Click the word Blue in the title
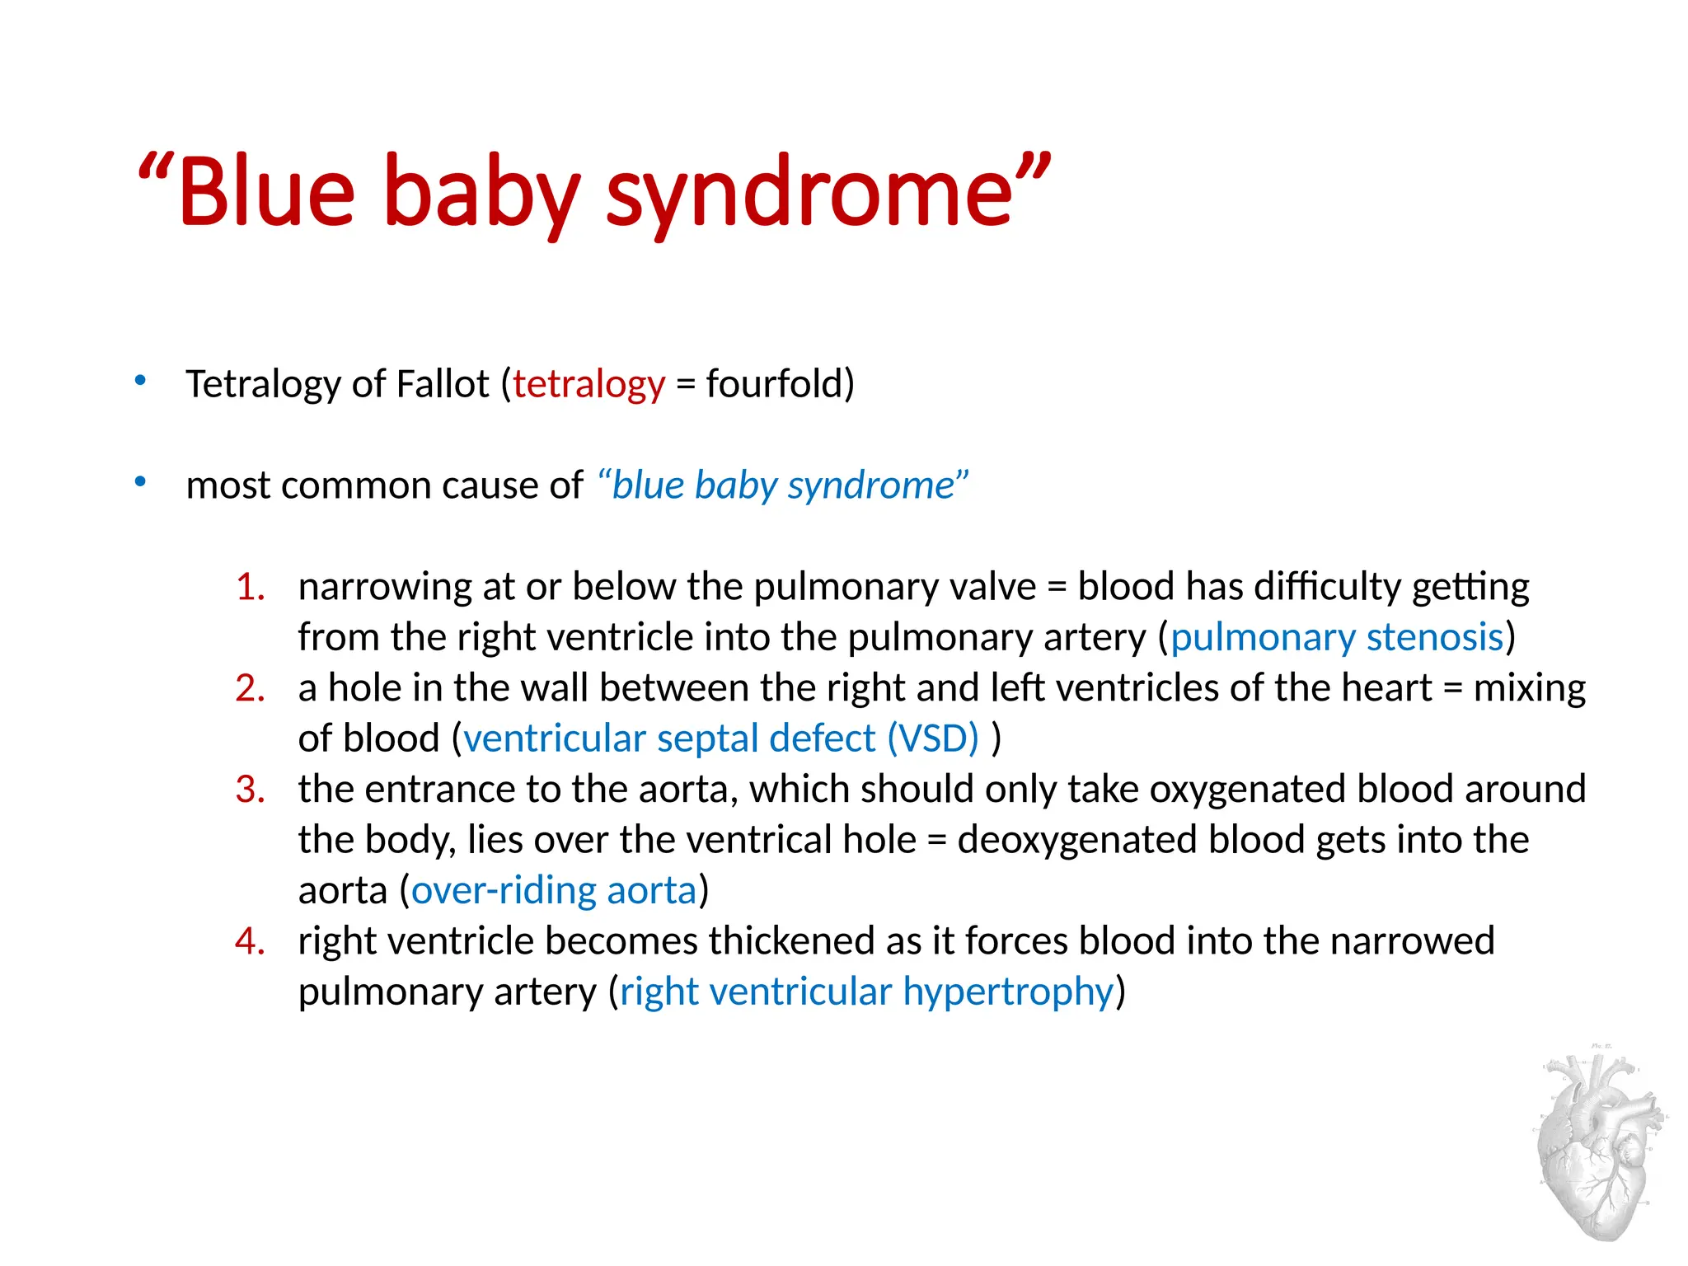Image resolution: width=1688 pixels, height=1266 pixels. pyautogui.click(x=265, y=191)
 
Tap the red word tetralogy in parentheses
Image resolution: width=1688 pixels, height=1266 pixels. pyautogui.click(x=588, y=385)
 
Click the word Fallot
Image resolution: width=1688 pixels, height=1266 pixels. pyautogui.click(x=443, y=384)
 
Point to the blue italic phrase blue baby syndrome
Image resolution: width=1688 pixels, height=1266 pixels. pyautogui.click(x=783, y=485)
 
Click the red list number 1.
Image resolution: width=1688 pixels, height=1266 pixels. pyautogui.click(x=250, y=588)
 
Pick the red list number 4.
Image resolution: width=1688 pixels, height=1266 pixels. pyautogui.click(x=250, y=941)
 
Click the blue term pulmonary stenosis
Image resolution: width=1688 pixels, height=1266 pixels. pyautogui.click(x=1337, y=638)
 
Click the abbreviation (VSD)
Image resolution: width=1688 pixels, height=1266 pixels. pyautogui.click(x=933, y=738)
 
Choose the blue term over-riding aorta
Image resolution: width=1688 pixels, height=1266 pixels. pyautogui.click(x=554, y=891)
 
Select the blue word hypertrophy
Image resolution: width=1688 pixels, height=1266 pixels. pyautogui.click(x=1008, y=992)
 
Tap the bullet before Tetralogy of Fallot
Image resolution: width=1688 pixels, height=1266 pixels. pyautogui.click(x=141, y=381)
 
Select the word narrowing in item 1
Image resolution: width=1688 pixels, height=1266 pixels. pyautogui.click(x=385, y=588)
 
